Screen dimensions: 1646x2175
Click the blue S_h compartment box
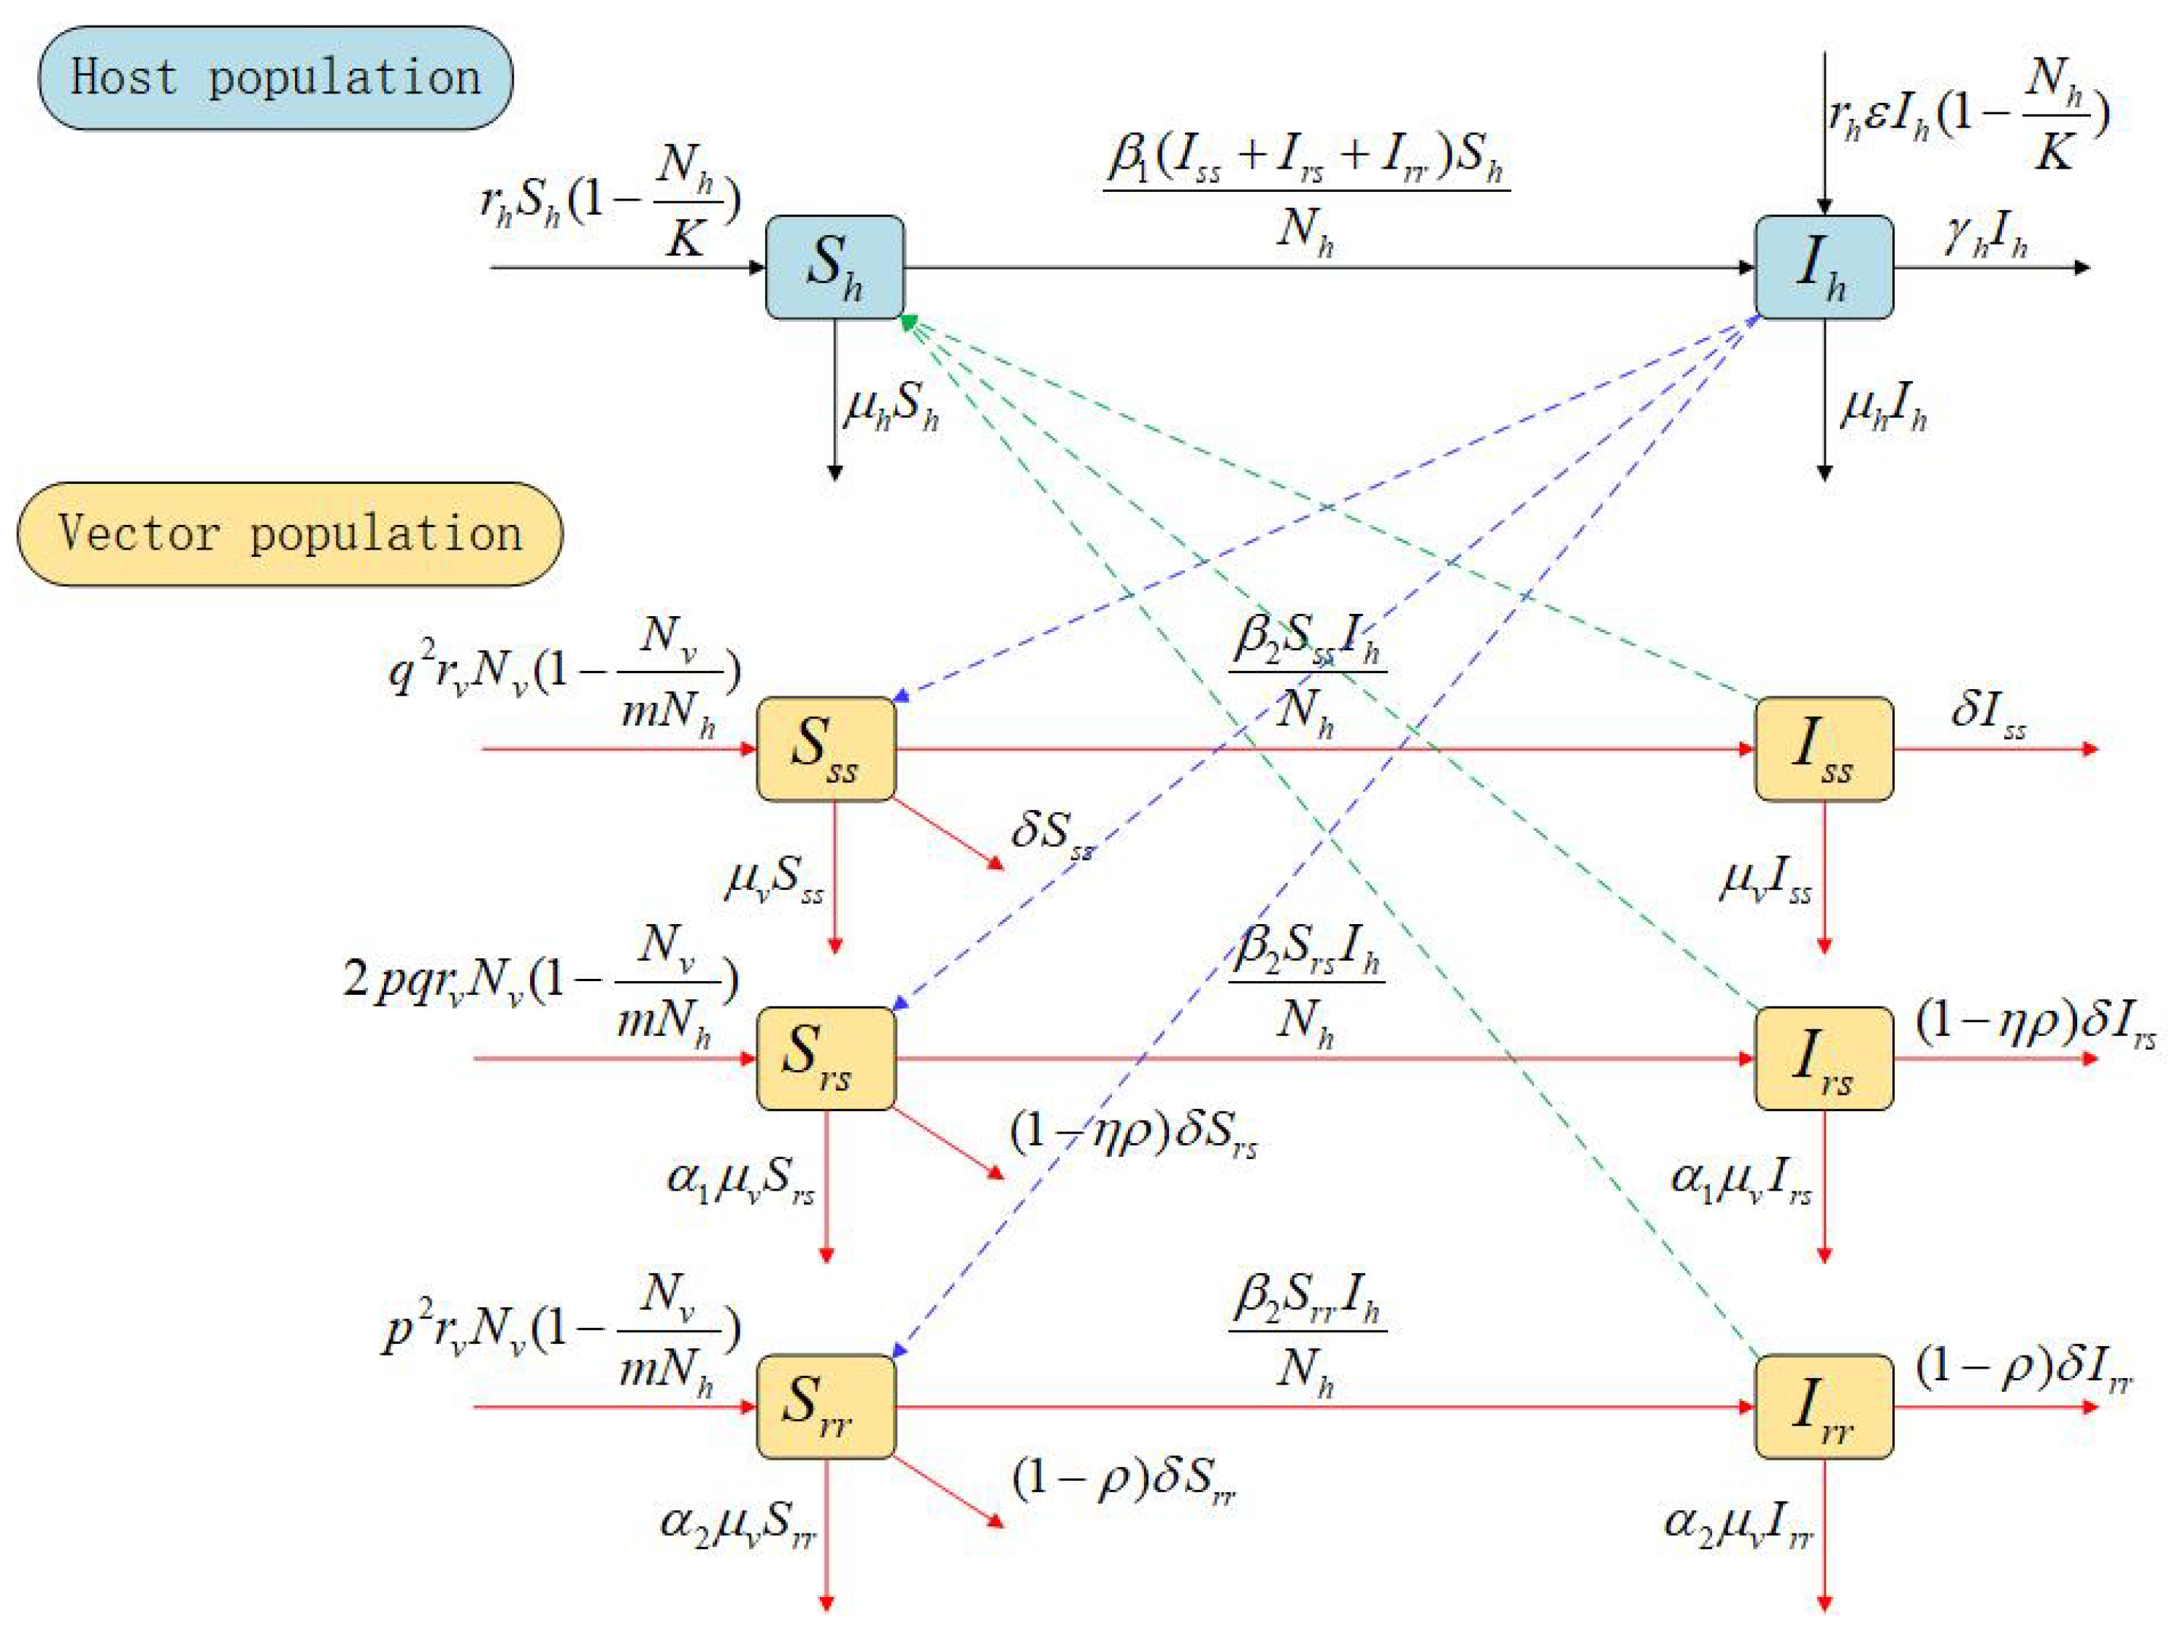tap(834, 267)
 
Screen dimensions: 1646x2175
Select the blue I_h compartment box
tap(1824, 267)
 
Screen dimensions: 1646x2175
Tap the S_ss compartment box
tap(826, 748)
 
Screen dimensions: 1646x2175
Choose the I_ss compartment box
tap(1824, 748)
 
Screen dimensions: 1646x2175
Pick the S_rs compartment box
tap(826, 1058)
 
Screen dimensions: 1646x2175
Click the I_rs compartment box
tap(1824, 1058)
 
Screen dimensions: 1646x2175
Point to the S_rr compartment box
tap(826, 1406)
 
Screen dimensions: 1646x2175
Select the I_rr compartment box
tap(1824, 1406)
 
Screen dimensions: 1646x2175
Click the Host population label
tap(275, 77)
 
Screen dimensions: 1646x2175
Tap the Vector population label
tap(290, 534)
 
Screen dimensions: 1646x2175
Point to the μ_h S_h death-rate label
tap(891, 405)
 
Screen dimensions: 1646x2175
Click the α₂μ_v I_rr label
tap(1738, 1524)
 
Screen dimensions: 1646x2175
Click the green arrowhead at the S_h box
tap(908, 321)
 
